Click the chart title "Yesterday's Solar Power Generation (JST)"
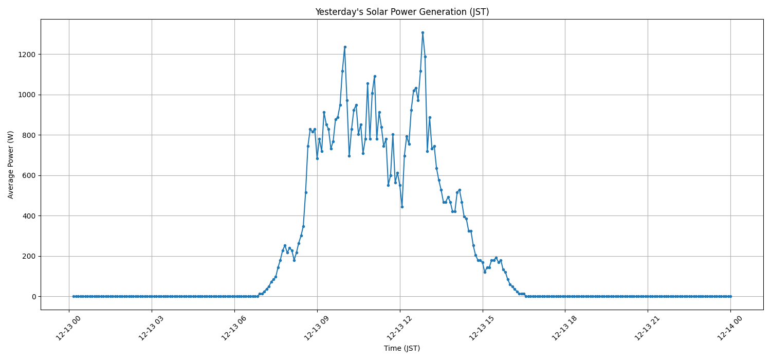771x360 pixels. (x=401, y=12)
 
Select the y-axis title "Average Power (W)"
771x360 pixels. (x=11, y=165)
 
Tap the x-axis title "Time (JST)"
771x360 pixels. (x=401, y=349)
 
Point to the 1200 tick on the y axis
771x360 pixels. (x=27, y=55)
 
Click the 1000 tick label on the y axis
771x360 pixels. (x=27, y=95)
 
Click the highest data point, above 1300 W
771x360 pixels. (x=423, y=32)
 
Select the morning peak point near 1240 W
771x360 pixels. (x=345, y=47)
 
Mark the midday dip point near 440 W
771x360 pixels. (x=402, y=207)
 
